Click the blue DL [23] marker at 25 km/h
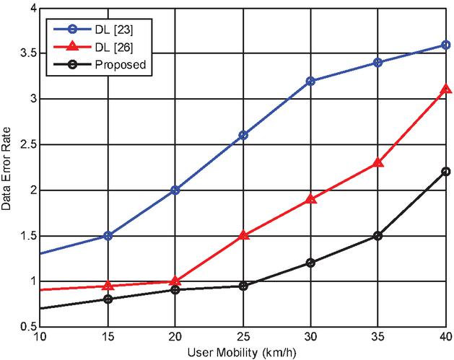pyautogui.click(x=243, y=135)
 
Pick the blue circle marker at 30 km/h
pyautogui.click(x=310, y=81)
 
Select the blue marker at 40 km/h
pyautogui.click(x=445, y=45)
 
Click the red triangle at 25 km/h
pyautogui.click(x=243, y=235)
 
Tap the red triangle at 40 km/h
pyautogui.click(x=445, y=89)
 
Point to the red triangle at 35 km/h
pyautogui.click(x=378, y=163)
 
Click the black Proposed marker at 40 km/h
pyautogui.click(x=445, y=172)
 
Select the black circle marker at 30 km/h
pyautogui.click(x=310, y=263)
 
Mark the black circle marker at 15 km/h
pyautogui.click(x=108, y=299)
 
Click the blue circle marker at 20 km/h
pyautogui.click(x=175, y=190)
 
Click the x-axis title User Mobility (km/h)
pyautogui.click(x=243, y=352)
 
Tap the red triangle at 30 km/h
pyautogui.click(x=310, y=198)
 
